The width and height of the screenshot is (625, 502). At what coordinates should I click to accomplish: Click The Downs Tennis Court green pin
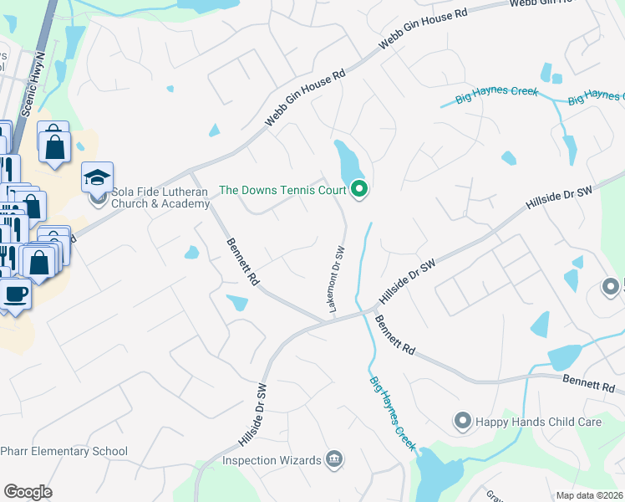click(x=359, y=190)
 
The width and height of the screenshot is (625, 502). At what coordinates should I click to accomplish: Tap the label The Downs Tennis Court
click(x=282, y=191)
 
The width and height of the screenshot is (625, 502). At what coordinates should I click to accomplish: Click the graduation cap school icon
click(x=97, y=177)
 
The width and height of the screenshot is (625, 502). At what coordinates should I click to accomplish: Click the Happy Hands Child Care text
click(x=539, y=422)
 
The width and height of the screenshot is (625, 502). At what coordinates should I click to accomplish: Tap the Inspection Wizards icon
click(x=333, y=460)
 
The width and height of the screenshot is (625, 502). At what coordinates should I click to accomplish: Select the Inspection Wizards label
click(x=272, y=460)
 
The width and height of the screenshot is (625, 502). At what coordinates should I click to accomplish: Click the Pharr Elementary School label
click(x=64, y=452)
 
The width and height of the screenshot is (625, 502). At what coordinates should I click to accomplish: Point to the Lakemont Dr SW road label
click(x=337, y=280)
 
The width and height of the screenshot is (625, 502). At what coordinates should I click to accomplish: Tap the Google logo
click(x=28, y=491)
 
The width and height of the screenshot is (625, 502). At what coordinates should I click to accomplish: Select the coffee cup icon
click(x=15, y=295)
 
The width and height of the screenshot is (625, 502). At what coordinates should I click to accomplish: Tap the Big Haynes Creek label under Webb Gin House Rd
click(x=496, y=95)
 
